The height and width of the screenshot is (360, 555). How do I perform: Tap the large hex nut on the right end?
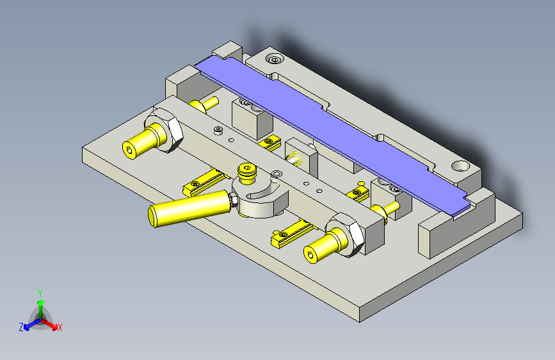(346, 233)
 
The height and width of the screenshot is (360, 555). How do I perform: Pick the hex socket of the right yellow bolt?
(312, 256)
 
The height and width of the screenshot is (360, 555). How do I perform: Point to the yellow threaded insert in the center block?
(296, 158)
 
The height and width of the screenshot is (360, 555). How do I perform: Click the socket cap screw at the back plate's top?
(275, 60)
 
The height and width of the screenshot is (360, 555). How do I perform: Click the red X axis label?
(60, 327)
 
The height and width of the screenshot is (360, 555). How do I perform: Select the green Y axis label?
(40, 292)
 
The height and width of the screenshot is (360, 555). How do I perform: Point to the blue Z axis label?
(20, 327)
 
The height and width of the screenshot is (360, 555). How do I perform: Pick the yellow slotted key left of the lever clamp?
(203, 182)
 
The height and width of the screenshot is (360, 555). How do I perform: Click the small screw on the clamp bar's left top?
(218, 129)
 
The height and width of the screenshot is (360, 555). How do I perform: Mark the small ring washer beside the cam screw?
(276, 174)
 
